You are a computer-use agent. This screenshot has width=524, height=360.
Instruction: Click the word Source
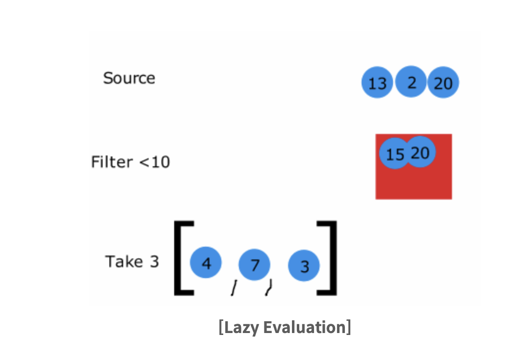(x=129, y=78)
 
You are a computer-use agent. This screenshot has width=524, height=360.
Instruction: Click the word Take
(x=124, y=261)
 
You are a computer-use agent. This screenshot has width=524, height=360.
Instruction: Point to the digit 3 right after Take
(x=154, y=262)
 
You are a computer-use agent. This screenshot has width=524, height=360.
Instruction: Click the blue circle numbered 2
(x=411, y=82)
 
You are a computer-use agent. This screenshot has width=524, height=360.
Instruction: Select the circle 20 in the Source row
(x=444, y=83)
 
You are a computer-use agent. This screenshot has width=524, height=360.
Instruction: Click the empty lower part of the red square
(x=414, y=184)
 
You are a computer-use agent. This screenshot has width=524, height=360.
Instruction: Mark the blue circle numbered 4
(x=206, y=263)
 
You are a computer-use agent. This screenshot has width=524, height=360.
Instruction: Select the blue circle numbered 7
(x=254, y=265)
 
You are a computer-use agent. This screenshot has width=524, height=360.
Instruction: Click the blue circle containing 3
(x=304, y=266)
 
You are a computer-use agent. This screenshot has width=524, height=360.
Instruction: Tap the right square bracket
(x=330, y=258)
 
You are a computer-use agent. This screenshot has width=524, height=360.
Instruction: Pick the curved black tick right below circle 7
(x=268, y=287)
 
